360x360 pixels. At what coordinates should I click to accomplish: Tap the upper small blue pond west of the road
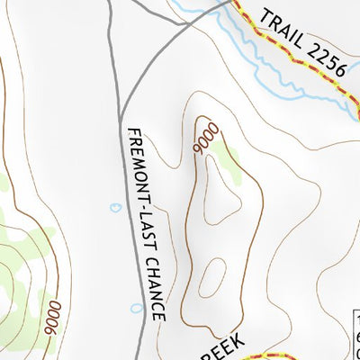tap(115, 207)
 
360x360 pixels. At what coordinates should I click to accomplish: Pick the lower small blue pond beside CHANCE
tap(136, 308)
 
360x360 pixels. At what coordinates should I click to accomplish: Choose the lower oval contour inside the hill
tap(211, 277)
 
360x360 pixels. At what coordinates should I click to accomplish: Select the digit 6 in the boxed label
tap(355, 337)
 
